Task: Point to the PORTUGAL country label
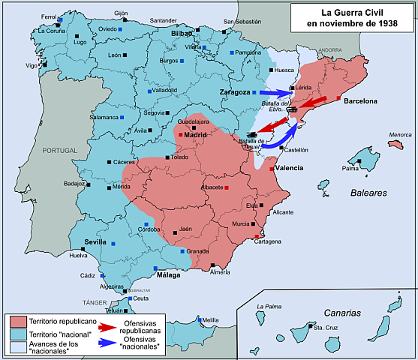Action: [59, 150]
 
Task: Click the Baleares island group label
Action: [368, 193]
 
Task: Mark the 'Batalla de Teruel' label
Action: [251, 143]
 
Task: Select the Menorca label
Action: [401, 135]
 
